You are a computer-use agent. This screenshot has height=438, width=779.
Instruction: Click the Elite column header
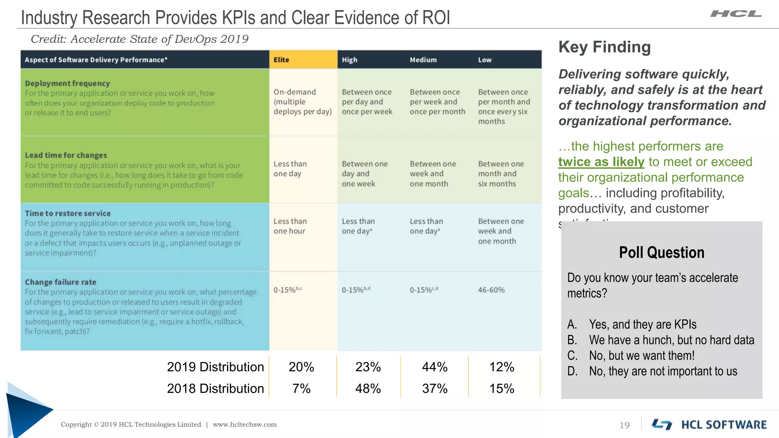pyautogui.click(x=281, y=60)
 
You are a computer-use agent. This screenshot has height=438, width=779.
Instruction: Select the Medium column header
pyautogui.click(x=423, y=60)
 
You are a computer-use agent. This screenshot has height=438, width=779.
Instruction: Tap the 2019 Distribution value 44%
pyautogui.click(x=434, y=367)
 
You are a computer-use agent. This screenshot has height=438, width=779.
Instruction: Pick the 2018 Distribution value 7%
pyautogui.click(x=301, y=389)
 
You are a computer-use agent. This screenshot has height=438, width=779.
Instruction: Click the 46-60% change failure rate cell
pyautogui.click(x=491, y=290)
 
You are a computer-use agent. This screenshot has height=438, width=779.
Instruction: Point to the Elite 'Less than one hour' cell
pyautogui.click(x=290, y=226)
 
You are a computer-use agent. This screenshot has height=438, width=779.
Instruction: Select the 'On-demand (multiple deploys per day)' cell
pyautogui.click(x=302, y=102)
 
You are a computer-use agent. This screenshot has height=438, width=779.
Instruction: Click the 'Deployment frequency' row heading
pyautogui.click(x=67, y=83)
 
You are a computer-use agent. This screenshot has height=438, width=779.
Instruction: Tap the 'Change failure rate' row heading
pyautogui.click(x=60, y=282)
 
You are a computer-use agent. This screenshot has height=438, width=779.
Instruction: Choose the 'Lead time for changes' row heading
pyautogui.click(x=66, y=155)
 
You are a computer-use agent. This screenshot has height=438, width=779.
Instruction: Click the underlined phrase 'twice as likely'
pyautogui.click(x=601, y=162)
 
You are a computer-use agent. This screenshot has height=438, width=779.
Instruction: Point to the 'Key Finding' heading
pyautogui.click(x=604, y=47)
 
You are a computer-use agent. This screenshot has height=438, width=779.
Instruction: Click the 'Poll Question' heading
pyautogui.click(x=661, y=252)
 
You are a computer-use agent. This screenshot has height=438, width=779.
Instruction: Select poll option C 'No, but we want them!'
pyautogui.click(x=641, y=355)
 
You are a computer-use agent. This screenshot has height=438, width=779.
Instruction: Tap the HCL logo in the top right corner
pyautogui.click(x=736, y=14)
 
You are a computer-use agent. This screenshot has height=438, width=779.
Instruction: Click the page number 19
pyautogui.click(x=625, y=425)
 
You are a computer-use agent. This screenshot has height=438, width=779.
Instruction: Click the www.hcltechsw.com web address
pyautogui.click(x=245, y=424)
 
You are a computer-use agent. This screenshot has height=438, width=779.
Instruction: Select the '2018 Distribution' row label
pyautogui.click(x=215, y=389)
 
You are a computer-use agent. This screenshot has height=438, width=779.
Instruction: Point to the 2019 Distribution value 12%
pyautogui.click(x=501, y=367)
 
